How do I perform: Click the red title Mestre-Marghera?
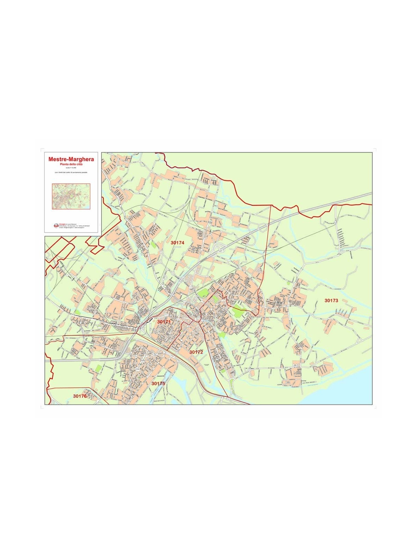coord(71,159)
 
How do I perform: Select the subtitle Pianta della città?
coord(71,164)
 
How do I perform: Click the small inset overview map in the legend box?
coord(71,196)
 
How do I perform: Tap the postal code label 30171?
coord(164,322)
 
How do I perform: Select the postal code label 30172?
coord(196,352)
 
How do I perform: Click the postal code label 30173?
coord(331,300)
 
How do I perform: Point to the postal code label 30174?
coord(177,242)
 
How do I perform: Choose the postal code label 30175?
coord(158,384)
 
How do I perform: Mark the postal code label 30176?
coord(80,396)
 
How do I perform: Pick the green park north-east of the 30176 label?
coord(99,368)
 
